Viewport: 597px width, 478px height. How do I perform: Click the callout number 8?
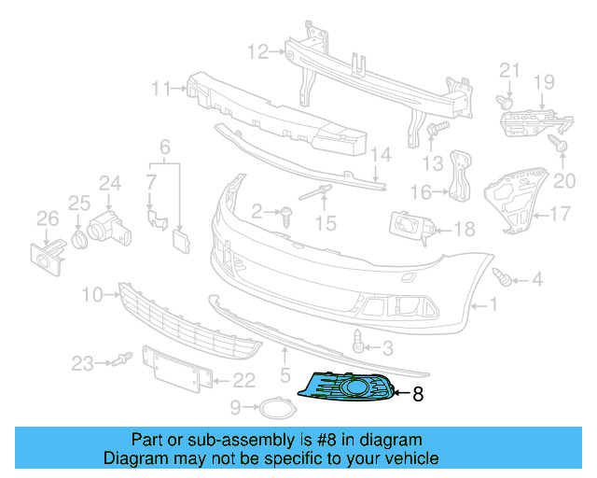pyautogui.click(x=417, y=395)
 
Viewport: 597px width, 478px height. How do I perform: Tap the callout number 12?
pyautogui.click(x=257, y=50)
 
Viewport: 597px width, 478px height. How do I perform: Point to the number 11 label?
pyautogui.click(x=161, y=89)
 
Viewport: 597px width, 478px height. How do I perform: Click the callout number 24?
pyautogui.click(x=111, y=183)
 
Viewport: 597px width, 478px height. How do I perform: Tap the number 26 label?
pyautogui.click(x=47, y=219)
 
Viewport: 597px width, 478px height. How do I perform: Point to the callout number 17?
pyautogui.click(x=559, y=214)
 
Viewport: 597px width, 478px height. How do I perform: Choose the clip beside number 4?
pyautogui.click(x=503, y=276)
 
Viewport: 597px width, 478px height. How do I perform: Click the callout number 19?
pyautogui.click(x=544, y=82)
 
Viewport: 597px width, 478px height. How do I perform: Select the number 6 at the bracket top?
pyautogui.click(x=165, y=147)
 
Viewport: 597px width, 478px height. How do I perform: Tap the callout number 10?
pyautogui.click(x=91, y=296)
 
